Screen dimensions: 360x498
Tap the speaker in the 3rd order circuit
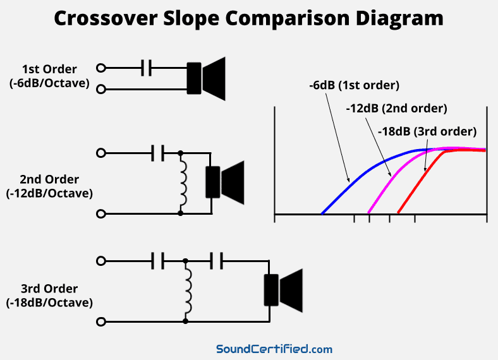click(282, 290)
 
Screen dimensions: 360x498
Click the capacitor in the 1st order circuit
click(147, 68)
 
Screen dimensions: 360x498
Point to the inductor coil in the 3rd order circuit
click(188, 291)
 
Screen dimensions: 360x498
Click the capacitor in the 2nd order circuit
click(158, 152)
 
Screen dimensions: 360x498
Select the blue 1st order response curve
click(354, 177)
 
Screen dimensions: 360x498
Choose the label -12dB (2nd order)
click(396, 108)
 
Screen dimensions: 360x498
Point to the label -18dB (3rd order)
click(427, 131)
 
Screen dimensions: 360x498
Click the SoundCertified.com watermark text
click(274, 349)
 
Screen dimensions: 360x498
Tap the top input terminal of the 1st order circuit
click(100, 68)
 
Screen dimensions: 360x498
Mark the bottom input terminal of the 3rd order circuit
click(100, 322)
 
